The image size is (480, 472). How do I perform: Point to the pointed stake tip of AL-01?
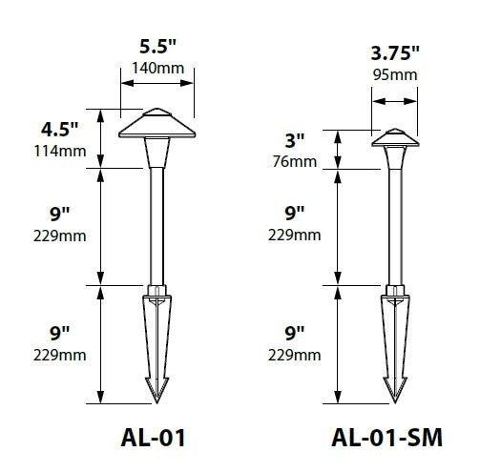(x=155, y=391)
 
